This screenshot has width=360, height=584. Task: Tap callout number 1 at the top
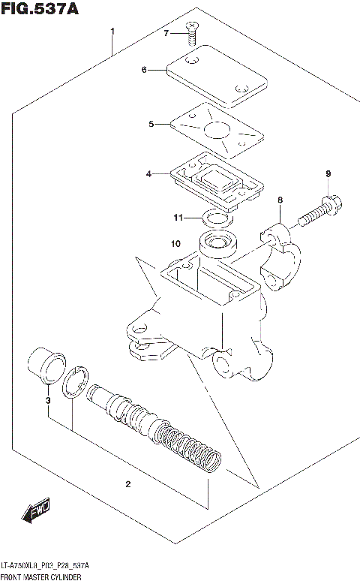112,32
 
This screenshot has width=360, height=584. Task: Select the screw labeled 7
193,29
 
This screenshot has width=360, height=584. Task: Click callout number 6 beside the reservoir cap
143,71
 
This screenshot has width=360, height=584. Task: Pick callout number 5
151,124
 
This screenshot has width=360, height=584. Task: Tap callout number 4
149,174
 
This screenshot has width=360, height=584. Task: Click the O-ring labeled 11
217,219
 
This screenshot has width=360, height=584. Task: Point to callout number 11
178,218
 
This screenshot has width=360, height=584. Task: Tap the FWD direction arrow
35,513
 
